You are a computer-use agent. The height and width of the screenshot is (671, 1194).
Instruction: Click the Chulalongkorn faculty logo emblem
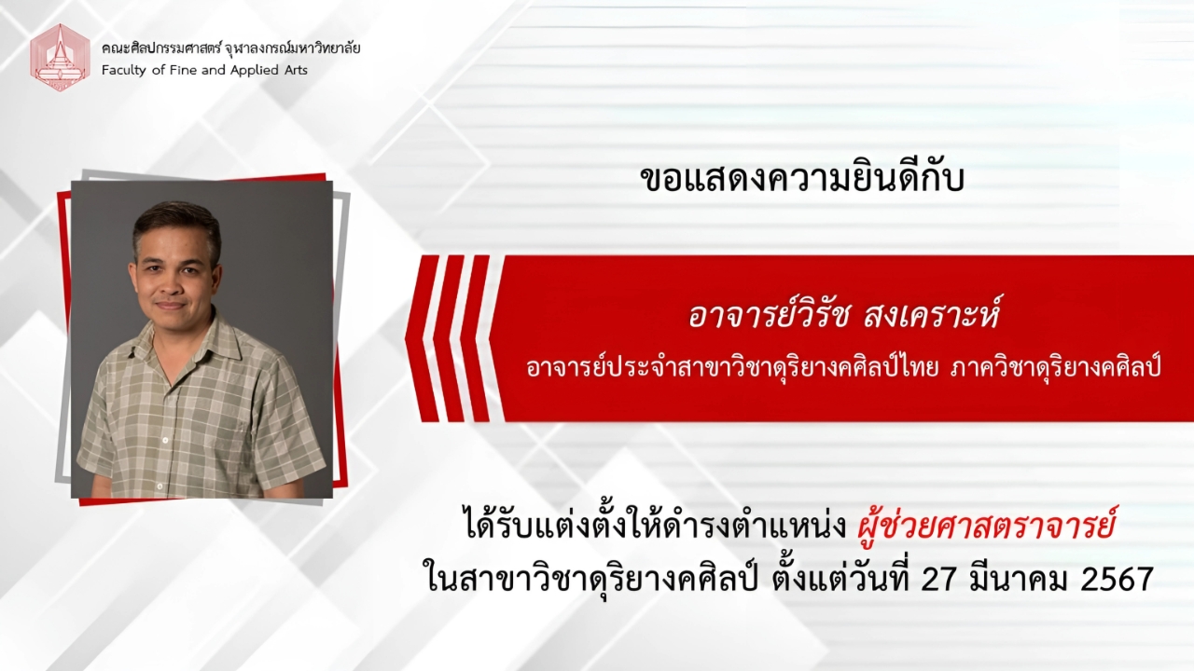point(60,57)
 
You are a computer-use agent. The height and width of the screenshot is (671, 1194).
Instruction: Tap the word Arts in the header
point(296,70)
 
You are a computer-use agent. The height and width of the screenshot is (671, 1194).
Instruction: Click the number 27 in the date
point(938,580)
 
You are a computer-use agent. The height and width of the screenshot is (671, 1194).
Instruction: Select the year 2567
point(1117,580)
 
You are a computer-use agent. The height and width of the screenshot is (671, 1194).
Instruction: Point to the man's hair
point(177,224)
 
